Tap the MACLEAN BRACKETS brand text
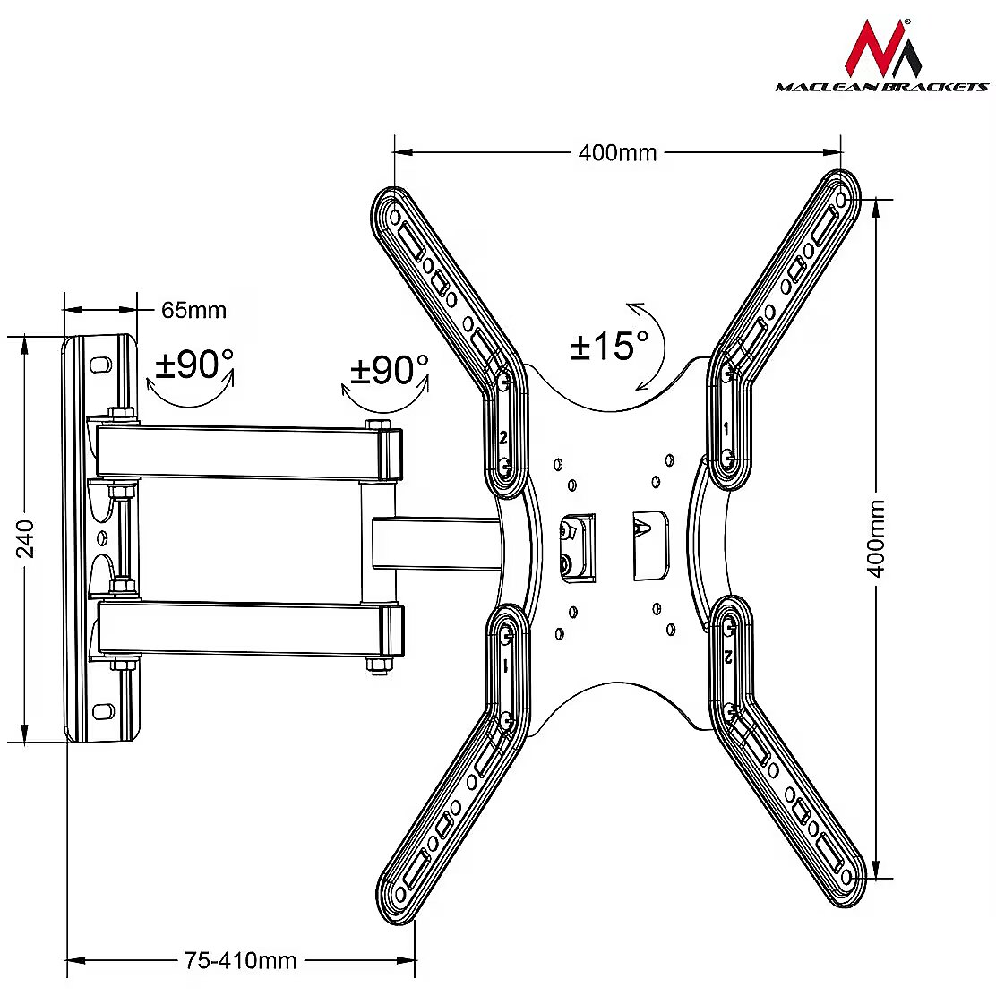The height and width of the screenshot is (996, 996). tap(882, 87)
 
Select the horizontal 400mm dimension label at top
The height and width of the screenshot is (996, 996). tap(617, 153)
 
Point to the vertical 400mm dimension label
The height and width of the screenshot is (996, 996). tap(877, 538)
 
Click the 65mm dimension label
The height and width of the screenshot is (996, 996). tap(193, 310)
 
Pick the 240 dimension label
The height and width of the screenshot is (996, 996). tap(25, 538)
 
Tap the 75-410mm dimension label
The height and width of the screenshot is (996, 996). tap(240, 960)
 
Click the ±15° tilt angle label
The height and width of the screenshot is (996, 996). tap(609, 347)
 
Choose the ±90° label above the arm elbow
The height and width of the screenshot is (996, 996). tap(389, 370)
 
